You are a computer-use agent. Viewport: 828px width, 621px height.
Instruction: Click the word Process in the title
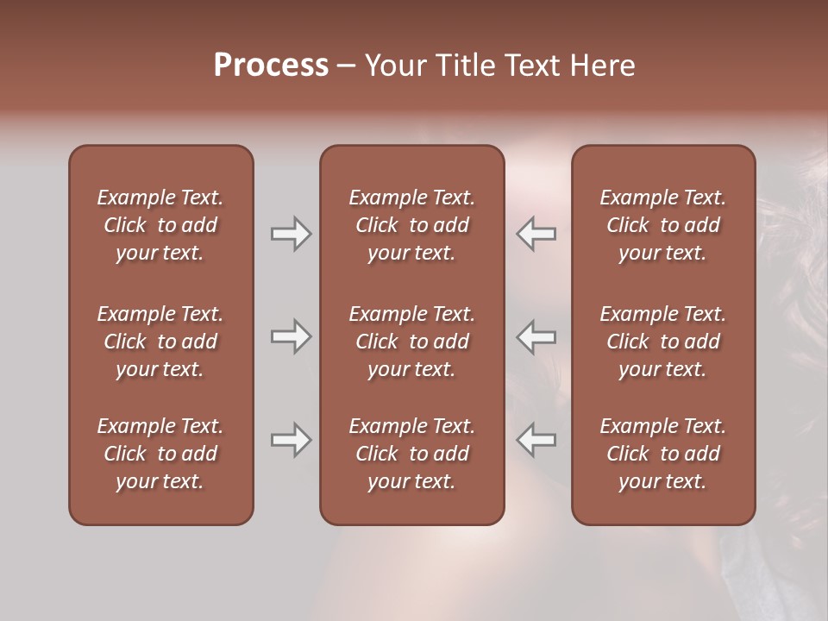tap(271, 66)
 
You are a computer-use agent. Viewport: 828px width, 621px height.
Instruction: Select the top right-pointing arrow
tap(291, 234)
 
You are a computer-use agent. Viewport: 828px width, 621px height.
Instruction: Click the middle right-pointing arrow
tap(291, 336)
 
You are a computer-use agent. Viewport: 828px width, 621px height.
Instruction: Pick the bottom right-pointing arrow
tap(291, 440)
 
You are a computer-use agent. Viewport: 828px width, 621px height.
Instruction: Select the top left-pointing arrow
tap(536, 234)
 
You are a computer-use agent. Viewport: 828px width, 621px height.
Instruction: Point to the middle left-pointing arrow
tap(536, 336)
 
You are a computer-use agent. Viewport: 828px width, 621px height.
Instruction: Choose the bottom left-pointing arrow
tap(536, 440)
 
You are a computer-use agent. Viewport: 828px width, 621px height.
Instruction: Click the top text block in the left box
tap(160, 225)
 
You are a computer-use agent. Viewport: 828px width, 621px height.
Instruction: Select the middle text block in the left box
tap(160, 342)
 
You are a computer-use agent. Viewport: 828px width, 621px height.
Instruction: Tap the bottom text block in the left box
tap(160, 454)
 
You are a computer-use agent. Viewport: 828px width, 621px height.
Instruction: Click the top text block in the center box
tap(411, 225)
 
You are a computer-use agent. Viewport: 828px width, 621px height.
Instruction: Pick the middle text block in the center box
tap(411, 342)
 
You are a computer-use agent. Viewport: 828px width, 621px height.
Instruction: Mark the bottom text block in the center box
tap(411, 454)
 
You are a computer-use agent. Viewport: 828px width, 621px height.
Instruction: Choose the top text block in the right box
tap(662, 225)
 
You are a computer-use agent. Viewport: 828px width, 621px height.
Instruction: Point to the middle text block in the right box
tap(662, 342)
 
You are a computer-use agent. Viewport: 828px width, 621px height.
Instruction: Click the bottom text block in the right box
tap(662, 454)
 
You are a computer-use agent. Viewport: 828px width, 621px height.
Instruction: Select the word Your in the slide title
tap(396, 66)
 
